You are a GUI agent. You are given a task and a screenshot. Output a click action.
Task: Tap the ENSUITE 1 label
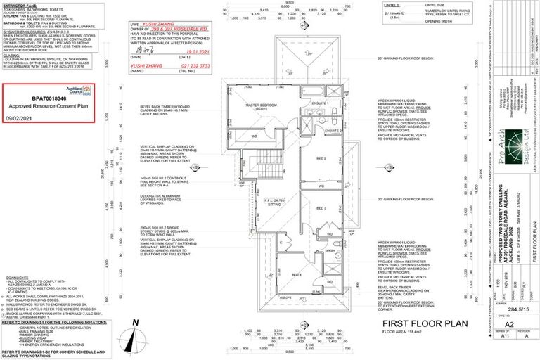321,103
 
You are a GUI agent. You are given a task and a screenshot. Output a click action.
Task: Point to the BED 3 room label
321,209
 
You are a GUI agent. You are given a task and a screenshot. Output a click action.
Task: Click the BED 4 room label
297,274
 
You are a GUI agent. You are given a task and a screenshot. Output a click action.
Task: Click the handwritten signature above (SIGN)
145,51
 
